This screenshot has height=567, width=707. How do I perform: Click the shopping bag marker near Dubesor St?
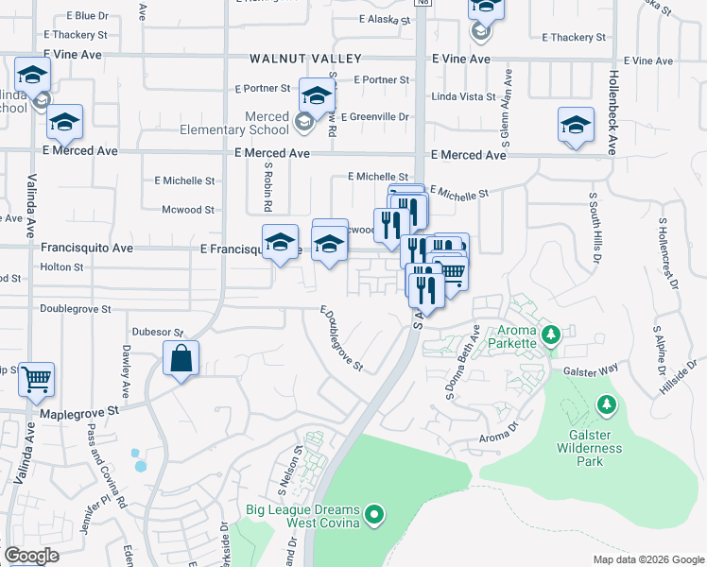click(181, 359)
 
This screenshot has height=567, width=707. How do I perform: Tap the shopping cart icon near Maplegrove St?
click(36, 380)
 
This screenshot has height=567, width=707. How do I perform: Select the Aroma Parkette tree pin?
click(553, 334)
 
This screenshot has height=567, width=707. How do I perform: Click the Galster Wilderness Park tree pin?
click(606, 405)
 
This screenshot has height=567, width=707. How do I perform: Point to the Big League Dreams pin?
click(375, 515)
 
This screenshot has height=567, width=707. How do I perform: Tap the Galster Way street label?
click(592, 370)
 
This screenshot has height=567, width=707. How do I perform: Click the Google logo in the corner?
click(31, 556)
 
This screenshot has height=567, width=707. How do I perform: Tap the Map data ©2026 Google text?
click(648, 559)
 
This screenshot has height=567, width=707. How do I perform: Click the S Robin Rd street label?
click(268, 185)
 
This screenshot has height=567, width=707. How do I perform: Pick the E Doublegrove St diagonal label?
click(341, 338)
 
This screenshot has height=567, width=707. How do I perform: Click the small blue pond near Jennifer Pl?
click(140, 459)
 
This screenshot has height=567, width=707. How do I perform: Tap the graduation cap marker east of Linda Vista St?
click(576, 125)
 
